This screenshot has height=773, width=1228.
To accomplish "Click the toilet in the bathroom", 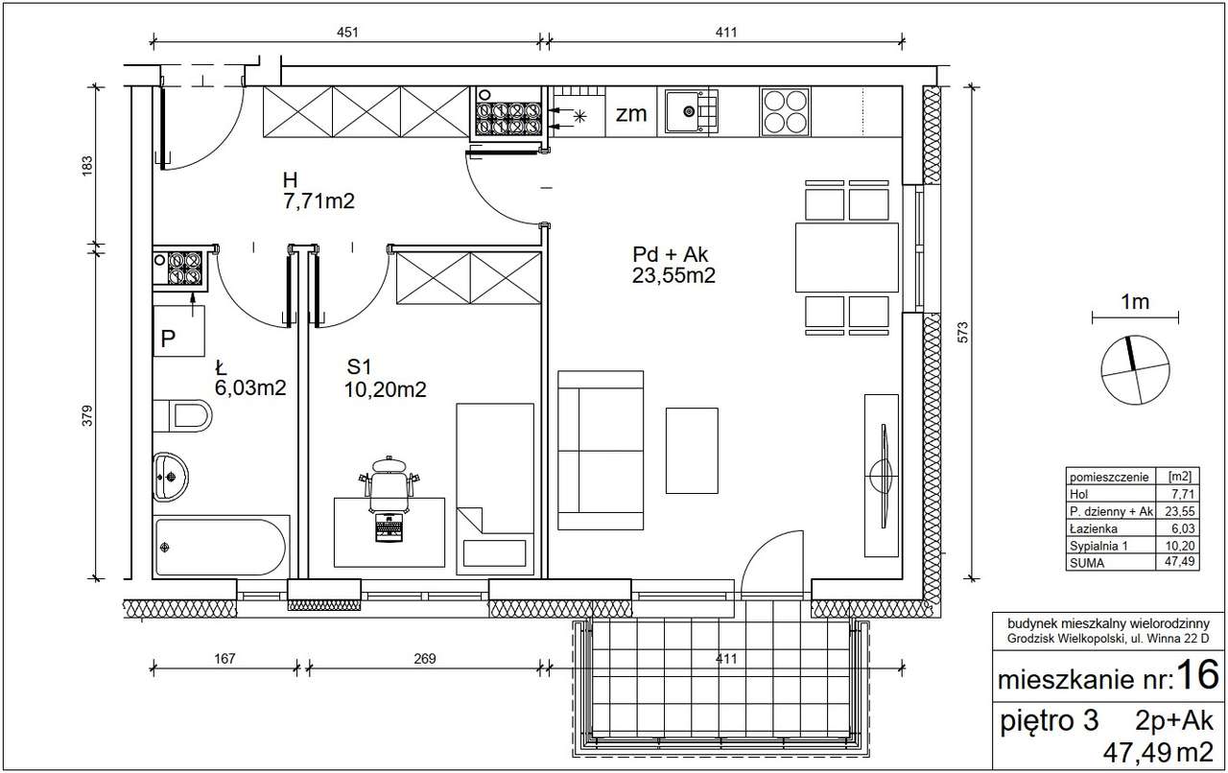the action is (182, 415).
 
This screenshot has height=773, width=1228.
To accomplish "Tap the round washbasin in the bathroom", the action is (171, 477).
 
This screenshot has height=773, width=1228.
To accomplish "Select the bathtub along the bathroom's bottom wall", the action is (221, 547).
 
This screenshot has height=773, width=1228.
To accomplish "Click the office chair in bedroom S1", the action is (390, 484).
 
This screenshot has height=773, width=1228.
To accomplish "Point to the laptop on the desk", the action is (390, 527).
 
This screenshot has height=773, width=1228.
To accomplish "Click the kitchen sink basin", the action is (691, 112).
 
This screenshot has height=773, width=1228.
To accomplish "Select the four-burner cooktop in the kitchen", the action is (785, 112).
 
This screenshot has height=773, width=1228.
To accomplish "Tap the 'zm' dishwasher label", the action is (631, 114).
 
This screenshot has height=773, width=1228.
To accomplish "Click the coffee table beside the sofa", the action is (692, 451).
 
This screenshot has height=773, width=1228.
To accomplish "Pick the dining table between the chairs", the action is (847, 257).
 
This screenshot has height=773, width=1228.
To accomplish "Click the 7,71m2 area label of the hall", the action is (319, 201).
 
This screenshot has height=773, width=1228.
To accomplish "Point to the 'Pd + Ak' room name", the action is (670, 254).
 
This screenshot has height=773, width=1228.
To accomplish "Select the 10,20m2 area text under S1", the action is (385, 389).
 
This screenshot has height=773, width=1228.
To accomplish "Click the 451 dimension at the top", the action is (347, 33).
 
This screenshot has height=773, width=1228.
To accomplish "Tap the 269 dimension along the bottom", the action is (425, 659).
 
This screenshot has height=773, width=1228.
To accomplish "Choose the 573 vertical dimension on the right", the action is (962, 333).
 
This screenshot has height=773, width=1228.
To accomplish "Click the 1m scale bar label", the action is (1135, 301).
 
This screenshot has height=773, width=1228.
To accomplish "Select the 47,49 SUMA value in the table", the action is (1183, 562).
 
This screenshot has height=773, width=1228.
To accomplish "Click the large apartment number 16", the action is (1198, 674).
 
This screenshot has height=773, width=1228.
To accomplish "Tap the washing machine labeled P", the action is (178, 332).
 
